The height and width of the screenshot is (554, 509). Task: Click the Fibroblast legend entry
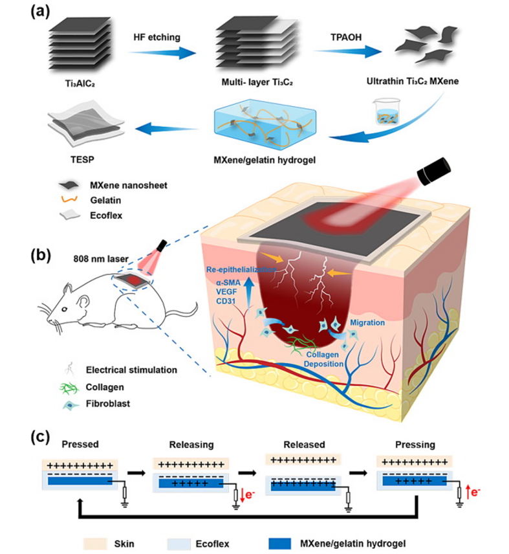point(111,406)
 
